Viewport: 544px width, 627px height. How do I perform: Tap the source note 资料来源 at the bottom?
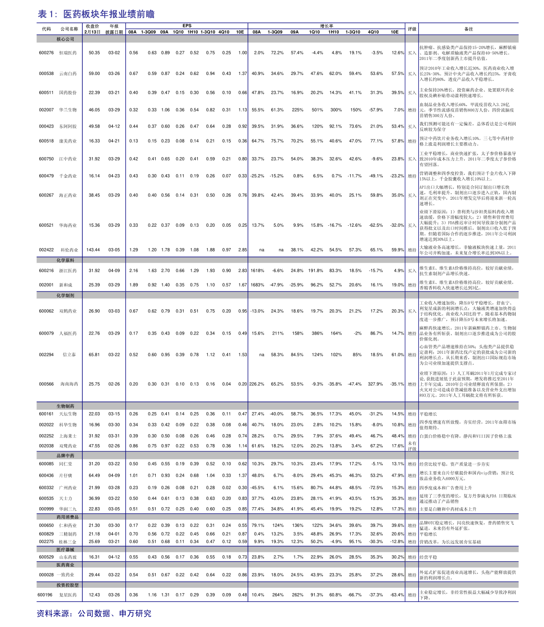point(94,613)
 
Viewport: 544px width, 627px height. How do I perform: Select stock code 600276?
point(46,53)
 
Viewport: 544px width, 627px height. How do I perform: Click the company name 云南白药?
point(68,74)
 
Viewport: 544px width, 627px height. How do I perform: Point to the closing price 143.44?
point(93,250)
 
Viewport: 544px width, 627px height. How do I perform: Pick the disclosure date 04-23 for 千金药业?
point(114,176)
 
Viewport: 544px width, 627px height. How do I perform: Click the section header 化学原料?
point(65,260)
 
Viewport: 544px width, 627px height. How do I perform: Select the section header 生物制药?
point(65,406)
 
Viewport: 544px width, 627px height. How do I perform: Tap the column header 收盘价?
point(92,27)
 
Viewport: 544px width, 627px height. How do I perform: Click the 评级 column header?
point(412,29)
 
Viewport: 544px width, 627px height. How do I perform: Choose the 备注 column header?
point(469,29)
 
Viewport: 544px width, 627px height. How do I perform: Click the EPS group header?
point(187,26)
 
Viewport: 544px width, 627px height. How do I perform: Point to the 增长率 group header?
point(326,26)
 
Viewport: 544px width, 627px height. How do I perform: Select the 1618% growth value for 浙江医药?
point(257,271)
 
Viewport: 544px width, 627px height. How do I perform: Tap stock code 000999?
point(46,509)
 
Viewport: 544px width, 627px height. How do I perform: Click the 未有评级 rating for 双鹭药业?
point(412,446)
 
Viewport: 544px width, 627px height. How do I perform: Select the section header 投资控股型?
point(68,585)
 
